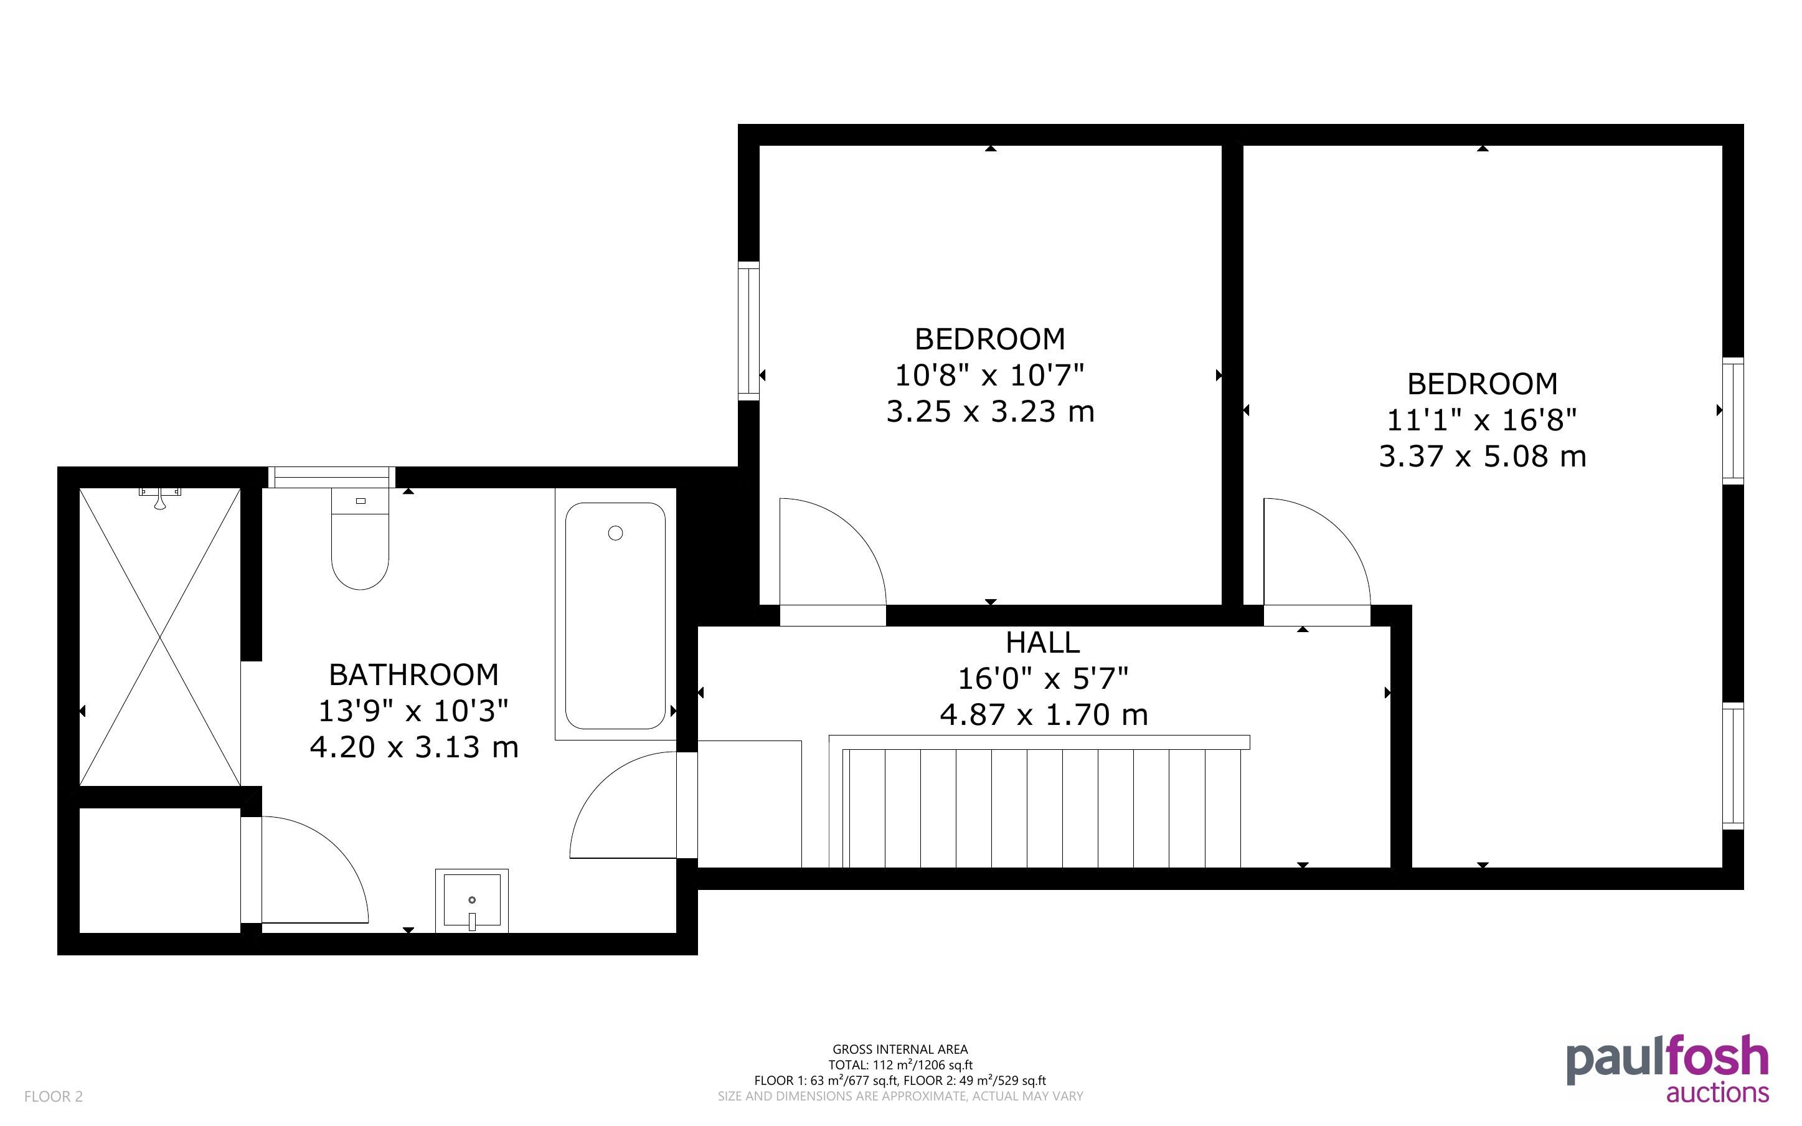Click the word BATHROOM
pos(414,674)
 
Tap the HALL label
pos(1042,642)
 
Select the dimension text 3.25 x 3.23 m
pos(990,411)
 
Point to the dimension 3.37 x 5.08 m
pos(1482,456)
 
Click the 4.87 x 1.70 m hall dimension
pos(1044,715)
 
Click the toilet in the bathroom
pos(361,539)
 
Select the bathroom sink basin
pos(472,901)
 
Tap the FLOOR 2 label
pos(54,1096)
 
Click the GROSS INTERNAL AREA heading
pos(900,1049)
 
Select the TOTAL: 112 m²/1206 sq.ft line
pos(900,1065)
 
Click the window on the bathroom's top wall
pos(331,477)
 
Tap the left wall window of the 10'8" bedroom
pos(749,331)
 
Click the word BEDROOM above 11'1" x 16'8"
pos(1482,384)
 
